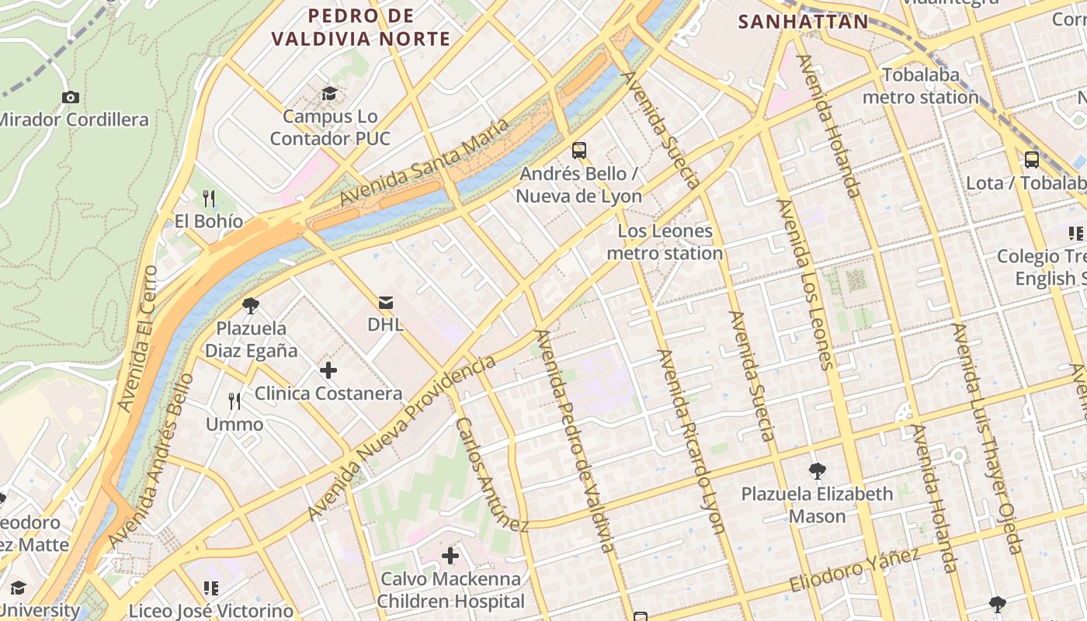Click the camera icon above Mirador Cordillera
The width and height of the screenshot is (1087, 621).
[71, 97]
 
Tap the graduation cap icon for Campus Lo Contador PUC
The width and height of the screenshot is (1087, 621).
[330, 94]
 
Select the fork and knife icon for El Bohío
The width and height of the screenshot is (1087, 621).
[208, 199]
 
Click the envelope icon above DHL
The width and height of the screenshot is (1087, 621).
[385, 302]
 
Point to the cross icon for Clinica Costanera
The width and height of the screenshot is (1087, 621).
[328, 370]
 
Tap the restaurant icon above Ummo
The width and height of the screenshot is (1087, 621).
[234, 401]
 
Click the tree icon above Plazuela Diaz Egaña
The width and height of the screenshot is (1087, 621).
[250, 305]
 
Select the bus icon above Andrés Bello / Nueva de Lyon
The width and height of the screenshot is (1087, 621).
[578, 150]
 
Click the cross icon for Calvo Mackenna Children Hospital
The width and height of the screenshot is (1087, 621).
[450, 556]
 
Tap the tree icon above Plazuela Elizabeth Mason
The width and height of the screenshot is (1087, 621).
[816, 470]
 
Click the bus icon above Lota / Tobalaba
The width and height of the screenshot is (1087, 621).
[1031, 160]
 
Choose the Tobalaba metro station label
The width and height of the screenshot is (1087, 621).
[921, 86]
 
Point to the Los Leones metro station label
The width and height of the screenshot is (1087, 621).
[665, 242]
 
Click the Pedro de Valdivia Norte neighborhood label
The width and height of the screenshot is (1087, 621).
[361, 27]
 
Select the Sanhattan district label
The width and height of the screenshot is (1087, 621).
[803, 22]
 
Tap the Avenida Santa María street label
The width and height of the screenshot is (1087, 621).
[424, 162]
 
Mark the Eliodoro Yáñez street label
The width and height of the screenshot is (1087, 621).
[855, 569]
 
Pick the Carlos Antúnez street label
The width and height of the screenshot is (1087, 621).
[491, 475]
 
